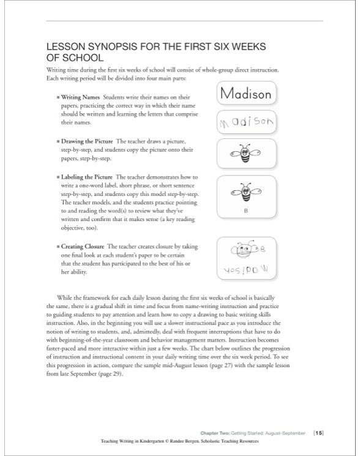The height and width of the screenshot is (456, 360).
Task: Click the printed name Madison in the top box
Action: tap(245, 94)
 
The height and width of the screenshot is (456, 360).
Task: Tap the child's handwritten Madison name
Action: tap(245, 123)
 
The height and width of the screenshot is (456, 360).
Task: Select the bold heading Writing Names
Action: tap(80, 97)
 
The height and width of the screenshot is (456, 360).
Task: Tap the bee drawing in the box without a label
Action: tap(245, 152)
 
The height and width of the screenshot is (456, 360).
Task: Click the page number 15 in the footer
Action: tap(318, 433)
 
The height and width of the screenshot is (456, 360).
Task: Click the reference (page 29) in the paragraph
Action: tap(105, 375)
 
